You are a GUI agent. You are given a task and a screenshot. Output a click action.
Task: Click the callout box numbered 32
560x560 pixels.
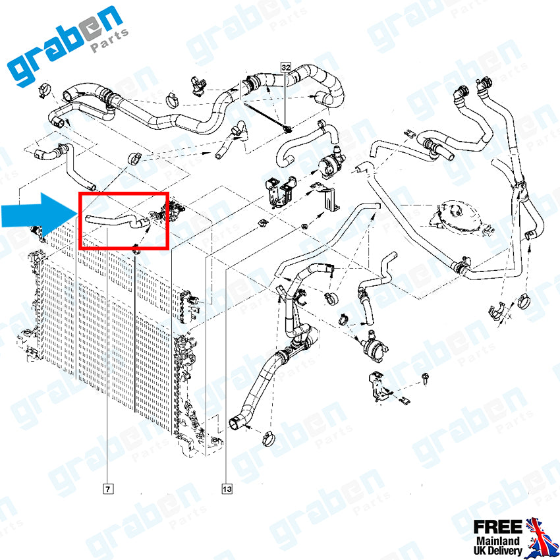point(286,67)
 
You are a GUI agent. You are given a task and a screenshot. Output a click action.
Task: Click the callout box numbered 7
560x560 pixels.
point(108,489)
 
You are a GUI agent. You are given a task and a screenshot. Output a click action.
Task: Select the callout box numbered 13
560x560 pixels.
point(227,489)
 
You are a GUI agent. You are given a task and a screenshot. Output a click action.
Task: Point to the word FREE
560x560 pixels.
point(498,527)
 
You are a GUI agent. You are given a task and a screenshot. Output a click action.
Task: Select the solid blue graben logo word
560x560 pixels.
point(65,45)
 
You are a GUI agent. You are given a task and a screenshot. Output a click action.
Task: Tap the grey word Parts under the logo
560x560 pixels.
point(109,42)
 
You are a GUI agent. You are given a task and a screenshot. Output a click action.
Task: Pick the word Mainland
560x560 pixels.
point(498,540)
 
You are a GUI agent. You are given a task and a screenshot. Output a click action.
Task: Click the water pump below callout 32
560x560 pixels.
point(330,163)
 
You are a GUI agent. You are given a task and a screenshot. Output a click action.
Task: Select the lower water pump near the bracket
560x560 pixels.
point(373,346)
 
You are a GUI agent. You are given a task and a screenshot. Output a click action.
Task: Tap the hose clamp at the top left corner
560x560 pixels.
point(45,90)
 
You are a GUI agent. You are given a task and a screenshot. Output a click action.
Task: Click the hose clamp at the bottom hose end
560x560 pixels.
point(269,438)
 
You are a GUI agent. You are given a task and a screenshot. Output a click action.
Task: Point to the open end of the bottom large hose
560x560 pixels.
point(235,424)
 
